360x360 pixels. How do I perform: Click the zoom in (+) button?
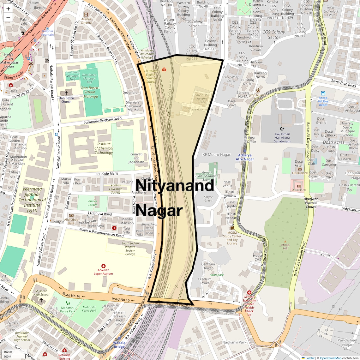[x=8, y=9]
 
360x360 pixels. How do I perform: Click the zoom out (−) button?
[x=8, y=18]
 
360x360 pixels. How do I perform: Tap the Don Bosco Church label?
[x=66, y=100]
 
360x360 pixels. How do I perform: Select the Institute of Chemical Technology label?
[x=104, y=148]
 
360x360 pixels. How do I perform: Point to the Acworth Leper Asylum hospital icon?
[x=103, y=266]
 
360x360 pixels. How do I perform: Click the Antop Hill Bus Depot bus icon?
[x=323, y=93]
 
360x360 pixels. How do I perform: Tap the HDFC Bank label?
[x=300, y=173]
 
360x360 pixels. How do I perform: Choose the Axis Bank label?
[x=299, y=190]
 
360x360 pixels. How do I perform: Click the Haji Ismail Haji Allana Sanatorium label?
[x=282, y=138]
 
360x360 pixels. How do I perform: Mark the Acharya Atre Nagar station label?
[x=245, y=157]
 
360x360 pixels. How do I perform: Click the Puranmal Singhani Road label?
[x=103, y=120]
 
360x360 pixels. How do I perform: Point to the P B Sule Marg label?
[x=107, y=174]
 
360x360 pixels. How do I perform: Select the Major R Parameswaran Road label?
[x=101, y=233]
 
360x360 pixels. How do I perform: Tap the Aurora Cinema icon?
[x=86, y=15]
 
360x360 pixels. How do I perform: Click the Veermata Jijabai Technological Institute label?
[x=32, y=200]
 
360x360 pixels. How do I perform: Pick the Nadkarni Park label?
[x=234, y=342]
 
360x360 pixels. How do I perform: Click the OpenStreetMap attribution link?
[x=331, y=358]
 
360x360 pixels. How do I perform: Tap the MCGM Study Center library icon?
[x=232, y=228]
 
